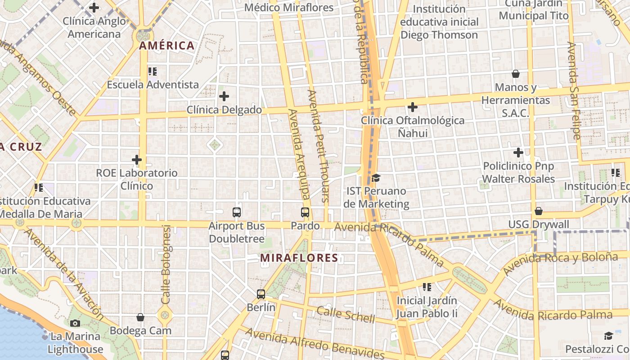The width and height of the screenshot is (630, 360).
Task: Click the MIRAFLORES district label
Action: point(299,258)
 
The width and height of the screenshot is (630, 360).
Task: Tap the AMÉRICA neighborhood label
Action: point(166,45)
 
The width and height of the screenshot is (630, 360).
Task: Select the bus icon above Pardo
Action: point(305,212)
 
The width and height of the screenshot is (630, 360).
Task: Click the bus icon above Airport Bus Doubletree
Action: point(237,212)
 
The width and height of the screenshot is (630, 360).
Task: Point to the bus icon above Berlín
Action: point(261,294)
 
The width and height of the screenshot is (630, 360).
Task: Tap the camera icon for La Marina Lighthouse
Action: point(75,323)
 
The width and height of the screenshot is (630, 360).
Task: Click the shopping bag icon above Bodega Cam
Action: point(140,317)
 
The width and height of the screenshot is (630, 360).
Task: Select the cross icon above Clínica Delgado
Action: point(224,96)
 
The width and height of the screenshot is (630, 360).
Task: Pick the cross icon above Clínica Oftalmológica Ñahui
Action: point(412,107)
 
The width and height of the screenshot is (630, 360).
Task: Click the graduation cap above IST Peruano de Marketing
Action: point(376,178)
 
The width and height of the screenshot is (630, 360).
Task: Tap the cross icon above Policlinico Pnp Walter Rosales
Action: point(518,153)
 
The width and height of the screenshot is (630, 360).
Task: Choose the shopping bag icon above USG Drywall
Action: point(538,211)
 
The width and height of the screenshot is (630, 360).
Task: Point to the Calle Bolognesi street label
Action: point(166,264)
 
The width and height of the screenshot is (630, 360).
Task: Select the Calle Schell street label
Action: point(345,315)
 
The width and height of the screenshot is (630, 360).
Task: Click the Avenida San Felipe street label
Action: point(574,90)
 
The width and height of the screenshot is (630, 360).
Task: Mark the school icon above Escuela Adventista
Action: point(153,71)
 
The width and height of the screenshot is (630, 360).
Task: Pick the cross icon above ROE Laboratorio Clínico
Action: point(137,160)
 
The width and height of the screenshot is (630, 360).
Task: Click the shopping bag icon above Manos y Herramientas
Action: point(516,74)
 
